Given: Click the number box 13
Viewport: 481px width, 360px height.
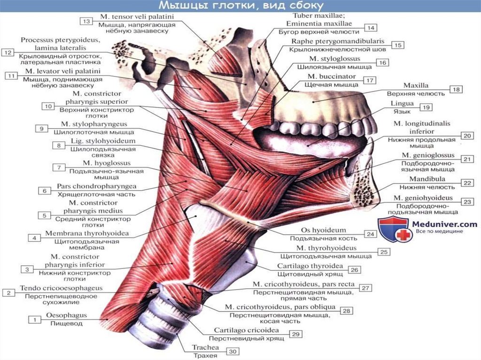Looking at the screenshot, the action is click(x=86, y=21).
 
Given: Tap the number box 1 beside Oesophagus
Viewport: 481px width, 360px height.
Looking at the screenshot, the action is click(x=35, y=320).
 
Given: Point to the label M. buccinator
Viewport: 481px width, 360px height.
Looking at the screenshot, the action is click(x=332, y=76).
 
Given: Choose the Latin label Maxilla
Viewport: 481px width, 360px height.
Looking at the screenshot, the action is click(x=416, y=85).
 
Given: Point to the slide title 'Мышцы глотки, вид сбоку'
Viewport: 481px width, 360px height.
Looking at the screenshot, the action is click(x=240, y=6).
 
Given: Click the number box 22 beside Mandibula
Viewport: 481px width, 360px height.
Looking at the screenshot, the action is click(x=467, y=183).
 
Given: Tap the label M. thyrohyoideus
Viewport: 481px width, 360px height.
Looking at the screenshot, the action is click(x=326, y=248).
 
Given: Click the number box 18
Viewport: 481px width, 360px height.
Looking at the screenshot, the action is click(x=456, y=89).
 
